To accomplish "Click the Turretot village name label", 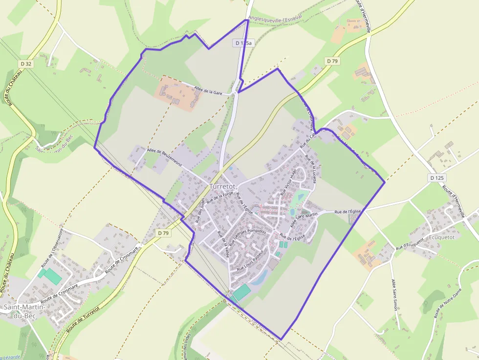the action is (222, 187).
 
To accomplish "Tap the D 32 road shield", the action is (26, 64).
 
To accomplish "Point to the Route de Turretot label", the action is (83, 318).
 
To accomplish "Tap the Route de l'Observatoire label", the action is (52, 247).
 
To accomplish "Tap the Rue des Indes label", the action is (200, 212).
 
